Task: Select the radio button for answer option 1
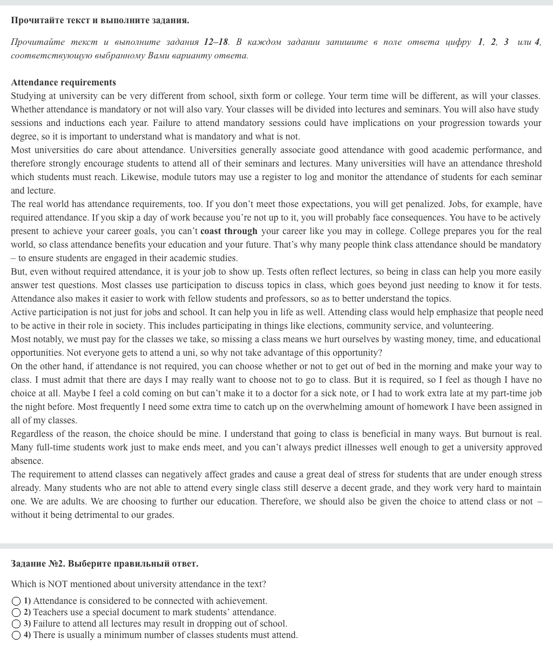tap(16, 601)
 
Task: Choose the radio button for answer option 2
tap(16, 613)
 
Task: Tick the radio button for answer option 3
tap(16, 624)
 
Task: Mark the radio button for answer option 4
tap(16, 635)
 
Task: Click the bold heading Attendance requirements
tap(63, 82)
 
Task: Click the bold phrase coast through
tap(228, 231)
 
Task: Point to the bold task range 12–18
tap(216, 42)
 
